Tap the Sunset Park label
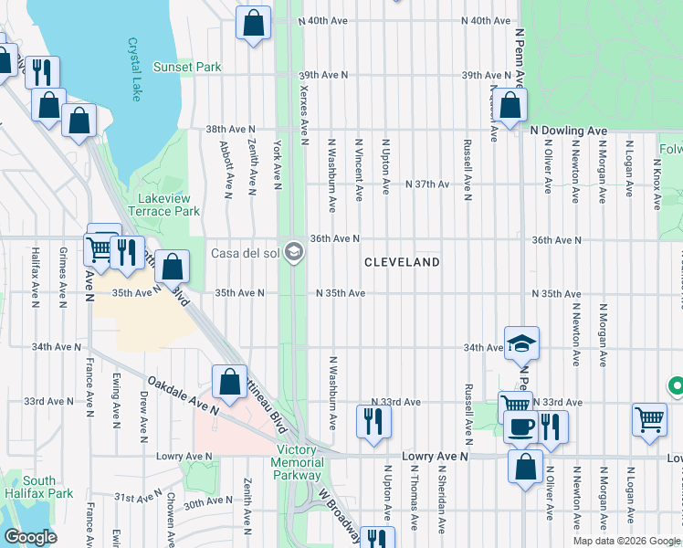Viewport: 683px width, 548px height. pyautogui.click(x=187, y=68)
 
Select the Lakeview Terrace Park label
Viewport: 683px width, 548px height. pyautogui.click(x=168, y=205)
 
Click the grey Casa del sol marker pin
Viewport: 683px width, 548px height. pyautogui.click(x=293, y=252)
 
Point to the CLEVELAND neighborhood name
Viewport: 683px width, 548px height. pyautogui.click(x=402, y=262)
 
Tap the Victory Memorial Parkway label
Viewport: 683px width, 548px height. pyautogui.click(x=299, y=462)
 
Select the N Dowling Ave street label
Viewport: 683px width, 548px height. pyautogui.click(x=569, y=132)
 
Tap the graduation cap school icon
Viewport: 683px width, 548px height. pyautogui.click(x=521, y=343)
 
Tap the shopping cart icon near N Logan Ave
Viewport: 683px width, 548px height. pyautogui.click(x=649, y=420)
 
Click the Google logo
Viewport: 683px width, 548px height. pyautogui.click(x=29, y=537)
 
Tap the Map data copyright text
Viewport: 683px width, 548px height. pyautogui.click(x=626, y=541)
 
